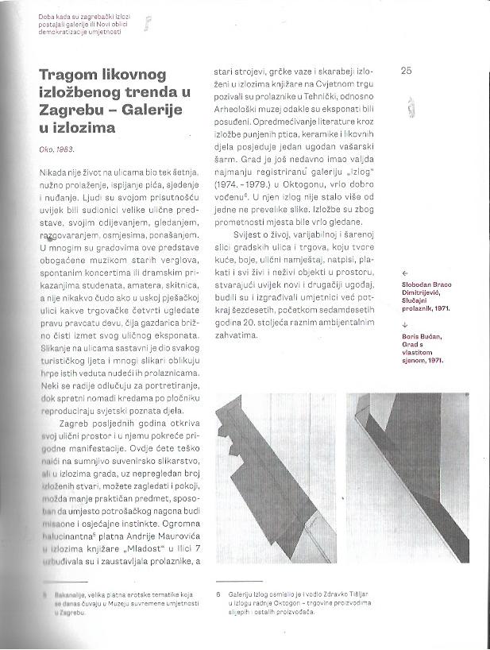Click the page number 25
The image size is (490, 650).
(406, 71)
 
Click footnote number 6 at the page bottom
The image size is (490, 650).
(218, 591)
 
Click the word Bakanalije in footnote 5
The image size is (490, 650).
(65, 592)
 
